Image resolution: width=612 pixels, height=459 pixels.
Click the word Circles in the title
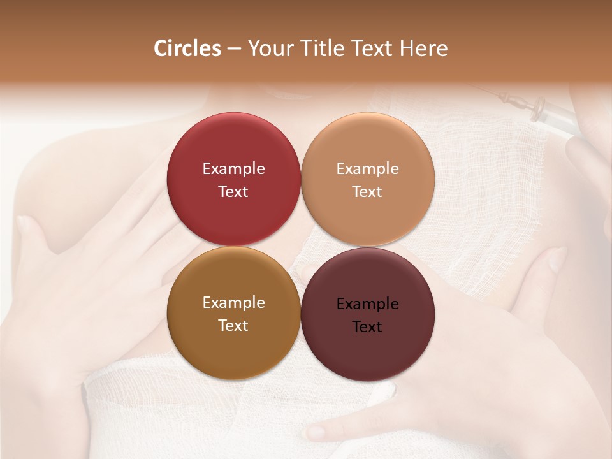[187, 48]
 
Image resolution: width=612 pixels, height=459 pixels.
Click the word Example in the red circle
[233, 169]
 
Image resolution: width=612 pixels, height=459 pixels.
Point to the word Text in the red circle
[233, 192]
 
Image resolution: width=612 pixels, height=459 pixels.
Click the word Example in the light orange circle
[367, 169]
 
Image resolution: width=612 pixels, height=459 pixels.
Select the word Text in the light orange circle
[367, 192]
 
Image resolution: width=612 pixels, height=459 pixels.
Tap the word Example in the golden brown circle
[233, 303]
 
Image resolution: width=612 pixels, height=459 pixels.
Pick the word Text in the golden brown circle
[233, 326]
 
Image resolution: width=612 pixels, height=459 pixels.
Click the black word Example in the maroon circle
[367, 304]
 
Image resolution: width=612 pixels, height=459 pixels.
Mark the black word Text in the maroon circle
[367, 327]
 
